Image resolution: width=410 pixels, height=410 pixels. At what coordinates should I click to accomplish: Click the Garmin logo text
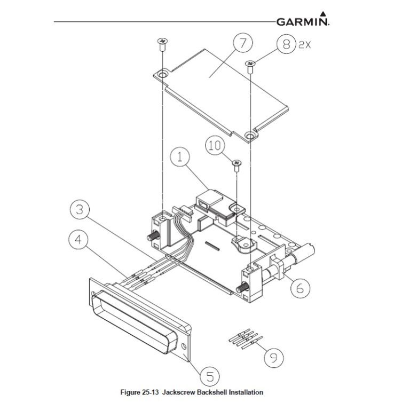pos(302,22)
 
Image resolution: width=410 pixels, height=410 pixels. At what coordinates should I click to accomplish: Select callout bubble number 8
pos(286,45)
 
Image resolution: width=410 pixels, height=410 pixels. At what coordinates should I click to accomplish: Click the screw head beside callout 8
pos(250,64)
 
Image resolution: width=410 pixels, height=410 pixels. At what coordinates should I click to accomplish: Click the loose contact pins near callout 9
pos(243,340)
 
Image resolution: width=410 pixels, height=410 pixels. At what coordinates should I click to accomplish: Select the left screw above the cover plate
pos(160,42)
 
